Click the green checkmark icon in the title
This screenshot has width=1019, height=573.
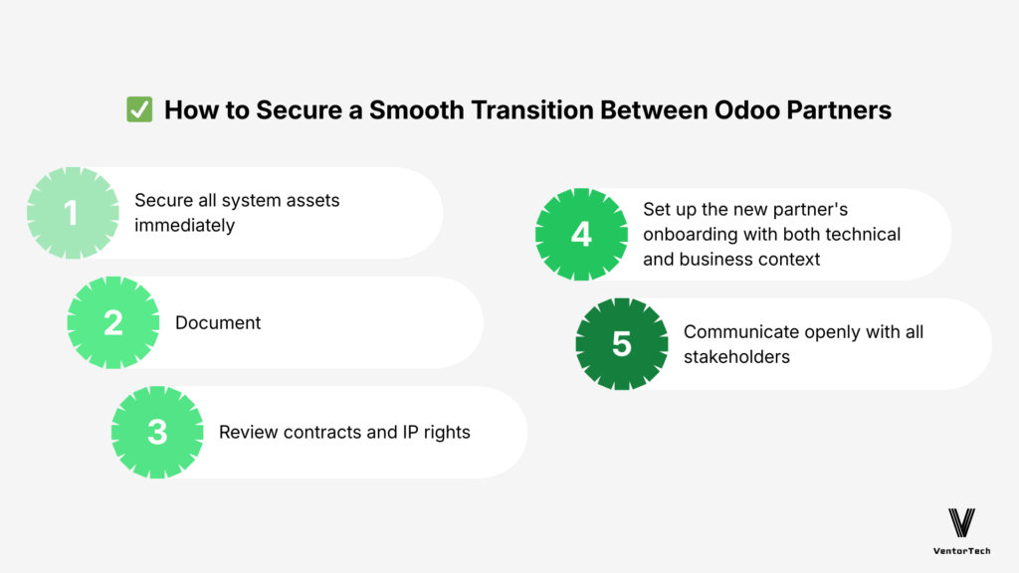click(139, 109)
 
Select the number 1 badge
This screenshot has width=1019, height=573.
click(73, 213)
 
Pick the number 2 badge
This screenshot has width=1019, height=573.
click(113, 322)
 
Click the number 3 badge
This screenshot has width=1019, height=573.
click(157, 432)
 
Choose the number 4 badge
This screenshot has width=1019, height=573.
click(581, 235)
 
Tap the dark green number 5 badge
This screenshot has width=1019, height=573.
click(622, 344)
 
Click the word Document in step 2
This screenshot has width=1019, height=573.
click(218, 322)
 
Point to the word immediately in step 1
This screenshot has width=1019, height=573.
click(185, 225)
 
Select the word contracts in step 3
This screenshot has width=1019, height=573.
click(320, 432)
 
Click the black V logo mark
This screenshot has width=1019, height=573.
click(961, 522)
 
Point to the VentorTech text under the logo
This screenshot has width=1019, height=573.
click(961, 549)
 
